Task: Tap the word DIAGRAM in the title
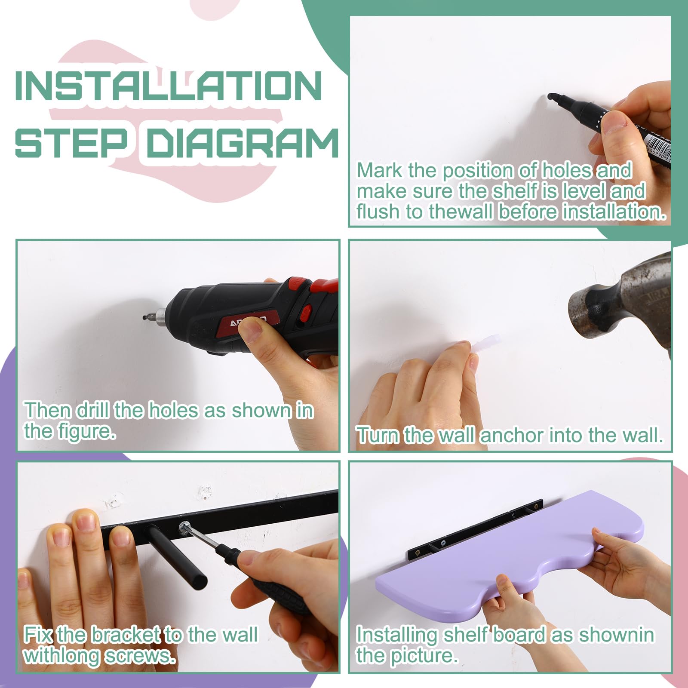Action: coord(243,141)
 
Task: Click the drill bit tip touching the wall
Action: coord(144,317)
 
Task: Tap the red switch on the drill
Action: coord(306,313)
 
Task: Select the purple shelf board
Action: coord(510,555)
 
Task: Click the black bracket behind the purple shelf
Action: coord(475,529)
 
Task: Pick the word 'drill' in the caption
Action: coord(93,410)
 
